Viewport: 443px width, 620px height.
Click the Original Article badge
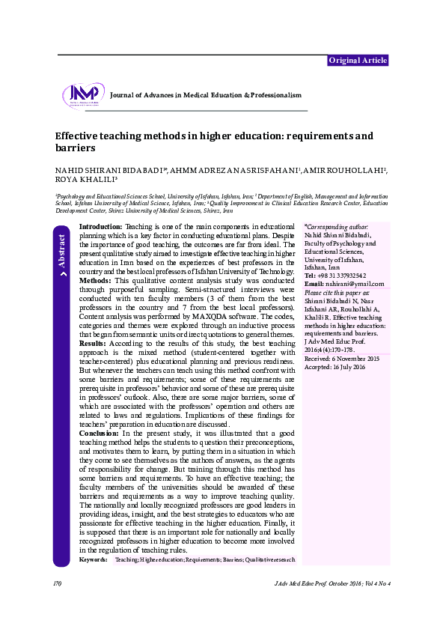coord(358,61)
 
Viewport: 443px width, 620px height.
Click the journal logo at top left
coord(84,96)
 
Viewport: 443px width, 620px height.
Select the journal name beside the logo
coord(205,96)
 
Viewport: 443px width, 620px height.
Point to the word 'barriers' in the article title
coord(75,149)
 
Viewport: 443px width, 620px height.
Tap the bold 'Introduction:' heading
coord(101,226)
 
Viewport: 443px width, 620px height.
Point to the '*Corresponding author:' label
coord(337,225)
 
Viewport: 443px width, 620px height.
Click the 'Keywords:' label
coord(93,559)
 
